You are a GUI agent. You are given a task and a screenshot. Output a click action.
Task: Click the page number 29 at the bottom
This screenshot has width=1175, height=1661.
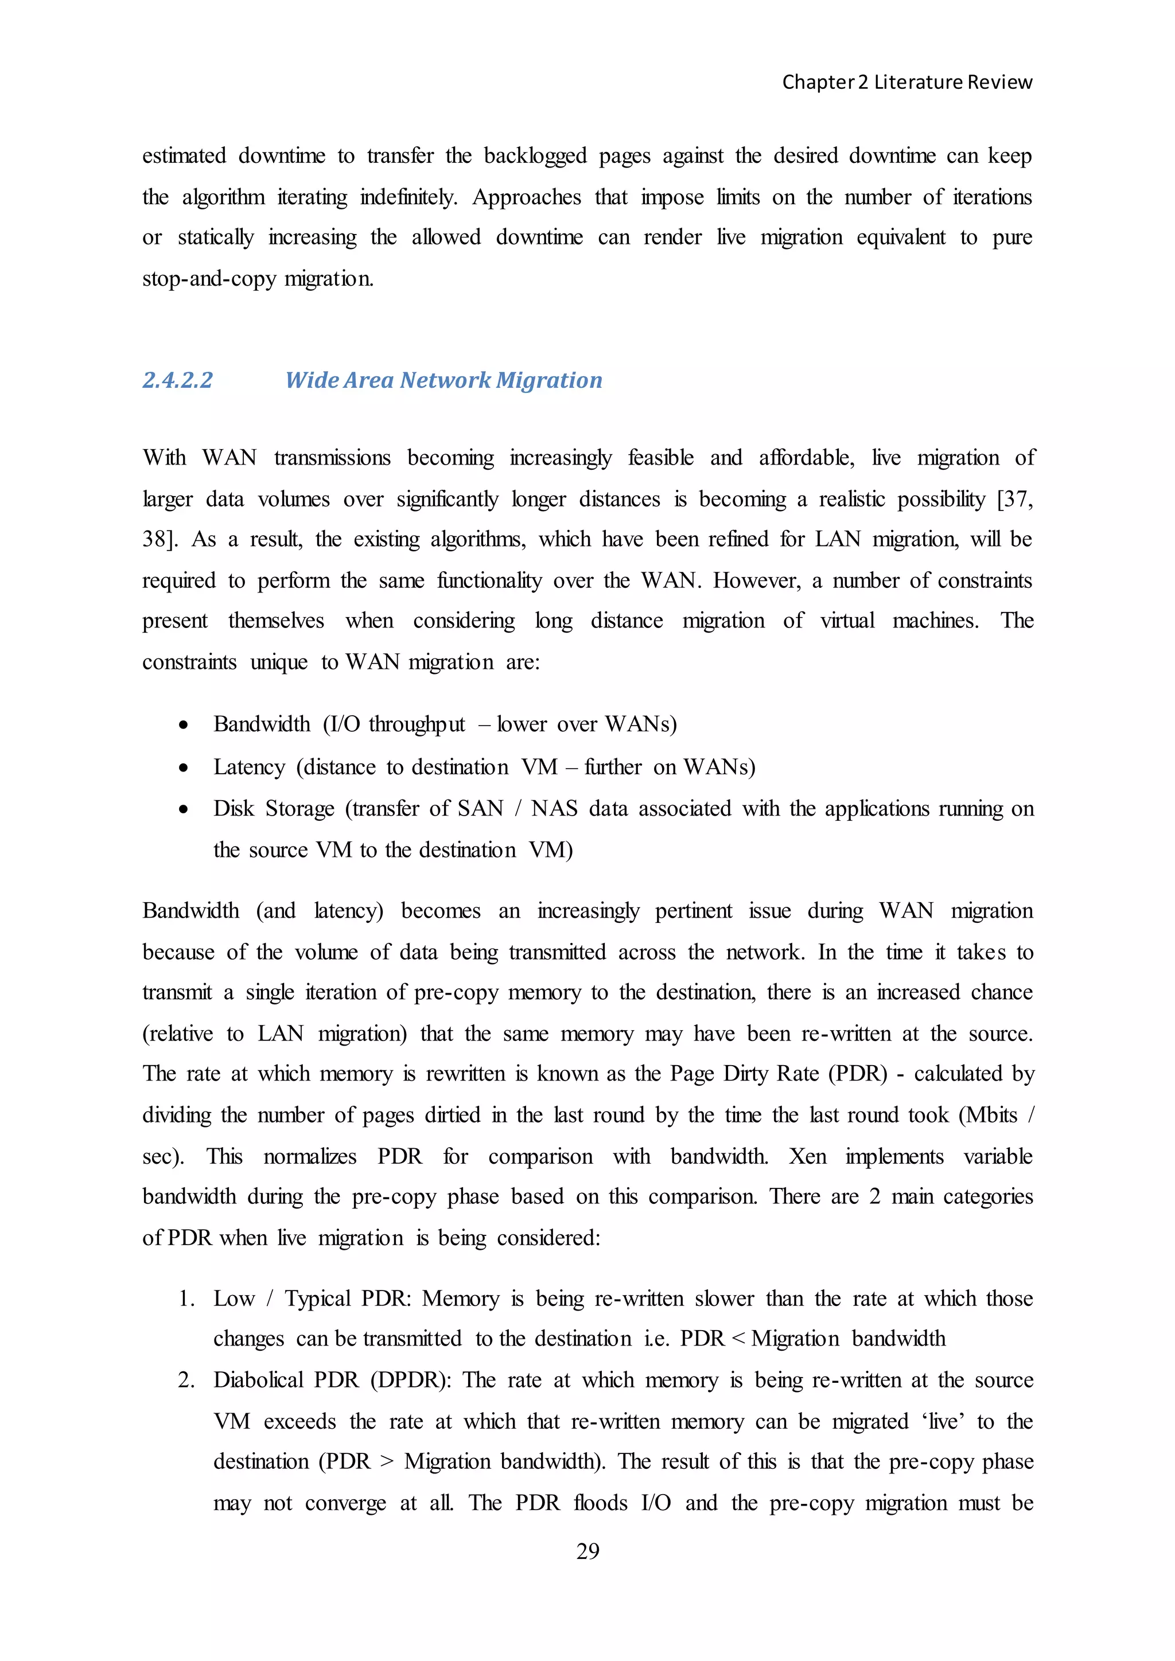point(587,1550)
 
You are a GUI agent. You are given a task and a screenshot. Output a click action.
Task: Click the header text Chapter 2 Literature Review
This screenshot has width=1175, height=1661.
point(906,83)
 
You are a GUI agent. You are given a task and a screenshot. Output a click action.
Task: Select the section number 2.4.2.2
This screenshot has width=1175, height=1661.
point(177,380)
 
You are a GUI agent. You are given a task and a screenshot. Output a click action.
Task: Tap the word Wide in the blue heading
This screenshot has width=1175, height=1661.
point(311,380)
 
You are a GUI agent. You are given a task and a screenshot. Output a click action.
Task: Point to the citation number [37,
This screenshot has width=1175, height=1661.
point(1014,499)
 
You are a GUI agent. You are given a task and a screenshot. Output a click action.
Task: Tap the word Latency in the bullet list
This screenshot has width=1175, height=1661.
point(249,767)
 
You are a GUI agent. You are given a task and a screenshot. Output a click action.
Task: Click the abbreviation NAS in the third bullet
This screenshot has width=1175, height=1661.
point(554,808)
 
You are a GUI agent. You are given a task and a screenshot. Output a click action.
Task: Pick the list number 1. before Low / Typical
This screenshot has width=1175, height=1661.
point(186,1299)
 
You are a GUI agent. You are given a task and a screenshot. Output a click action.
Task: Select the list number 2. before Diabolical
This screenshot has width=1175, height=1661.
point(186,1381)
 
